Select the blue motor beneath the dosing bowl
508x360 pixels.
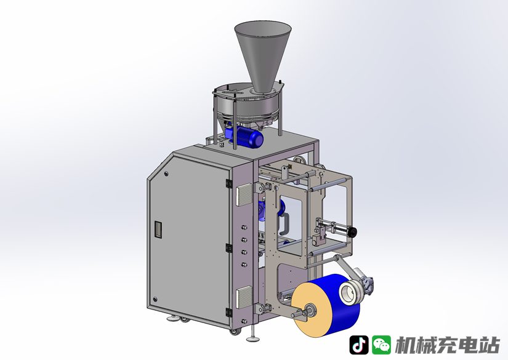pos(245,138)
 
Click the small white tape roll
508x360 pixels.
pos(350,292)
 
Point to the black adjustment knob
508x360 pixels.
pos(353,231)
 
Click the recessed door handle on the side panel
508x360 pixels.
pos(158,230)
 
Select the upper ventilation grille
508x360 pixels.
pos(244,194)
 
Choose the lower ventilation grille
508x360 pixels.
pos(244,297)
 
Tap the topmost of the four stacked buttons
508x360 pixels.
pos(244,228)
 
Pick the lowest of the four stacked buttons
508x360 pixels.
pos(244,265)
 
